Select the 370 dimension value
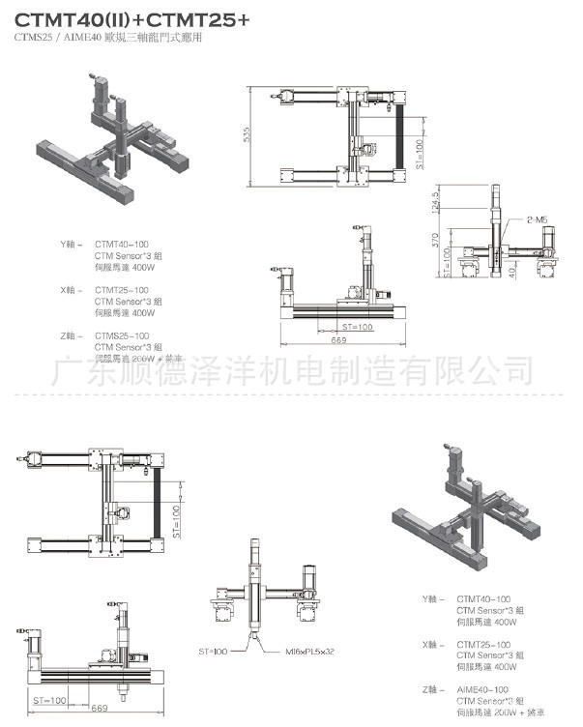click(x=437, y=236)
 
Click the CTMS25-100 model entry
click(x=121, y=334)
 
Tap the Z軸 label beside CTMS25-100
click(x=71, y=334)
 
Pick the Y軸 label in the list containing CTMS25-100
click(x=71, y=244)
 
